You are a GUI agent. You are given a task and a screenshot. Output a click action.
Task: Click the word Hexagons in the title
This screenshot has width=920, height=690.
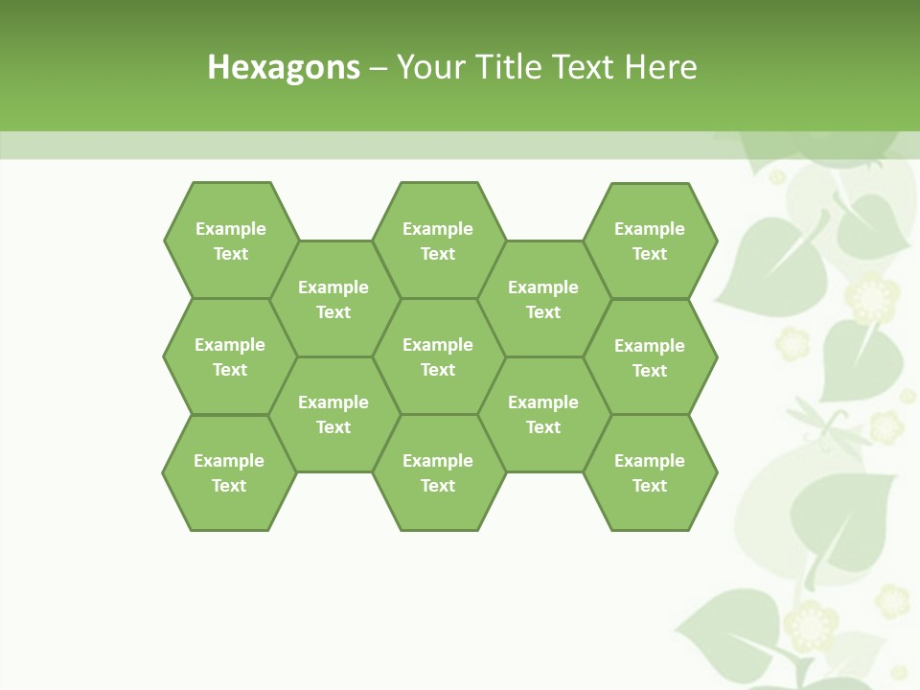click(x=284, y=67)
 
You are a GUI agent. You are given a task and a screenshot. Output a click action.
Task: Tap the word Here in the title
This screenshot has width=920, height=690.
click(x=660, y=67)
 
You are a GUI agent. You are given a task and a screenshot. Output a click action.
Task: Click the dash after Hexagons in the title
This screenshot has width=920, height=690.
click(x=378, y=68)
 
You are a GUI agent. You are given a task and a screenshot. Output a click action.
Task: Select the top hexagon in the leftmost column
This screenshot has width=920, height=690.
click(x=230, y=241)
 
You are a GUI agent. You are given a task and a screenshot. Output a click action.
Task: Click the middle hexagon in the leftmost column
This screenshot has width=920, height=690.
click(x=230, y=356)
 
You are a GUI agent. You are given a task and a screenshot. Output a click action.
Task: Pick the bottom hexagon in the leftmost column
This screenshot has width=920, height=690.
click(x=229, y=472)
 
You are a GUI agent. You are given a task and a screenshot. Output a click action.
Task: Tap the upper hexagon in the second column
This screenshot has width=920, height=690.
click(x=333, y=299)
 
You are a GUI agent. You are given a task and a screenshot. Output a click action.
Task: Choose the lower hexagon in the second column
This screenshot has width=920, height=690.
click(x=333, y=414)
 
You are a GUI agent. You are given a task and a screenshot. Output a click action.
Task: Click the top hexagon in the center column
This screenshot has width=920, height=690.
click(x=438, y=241)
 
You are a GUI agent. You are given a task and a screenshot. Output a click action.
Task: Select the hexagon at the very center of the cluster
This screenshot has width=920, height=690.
click(x=438, y=356)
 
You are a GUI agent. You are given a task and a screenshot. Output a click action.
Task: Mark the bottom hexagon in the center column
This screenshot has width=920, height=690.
click(x=438, y=472)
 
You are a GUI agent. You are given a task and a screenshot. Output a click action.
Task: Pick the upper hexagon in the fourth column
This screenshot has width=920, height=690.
click(x=543, y=299)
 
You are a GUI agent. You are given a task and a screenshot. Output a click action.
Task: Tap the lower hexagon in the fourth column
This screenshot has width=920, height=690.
click(x=543, y=414)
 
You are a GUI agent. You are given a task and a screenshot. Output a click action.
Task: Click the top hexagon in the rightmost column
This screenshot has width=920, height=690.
click(x=650, y=241)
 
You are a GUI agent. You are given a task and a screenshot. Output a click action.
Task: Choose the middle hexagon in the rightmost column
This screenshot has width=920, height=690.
click(x=650, y=357)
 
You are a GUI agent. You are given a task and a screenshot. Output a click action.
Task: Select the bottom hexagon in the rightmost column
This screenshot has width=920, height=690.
click(x=650, y=472)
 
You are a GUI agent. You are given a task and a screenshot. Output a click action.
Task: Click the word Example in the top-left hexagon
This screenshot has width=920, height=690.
click(x=230, y=229)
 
